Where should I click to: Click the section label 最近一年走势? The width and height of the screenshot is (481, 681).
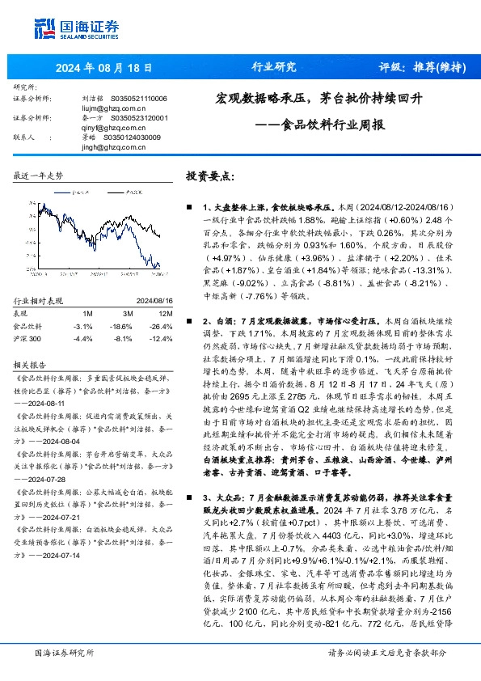tap(39, 176)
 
